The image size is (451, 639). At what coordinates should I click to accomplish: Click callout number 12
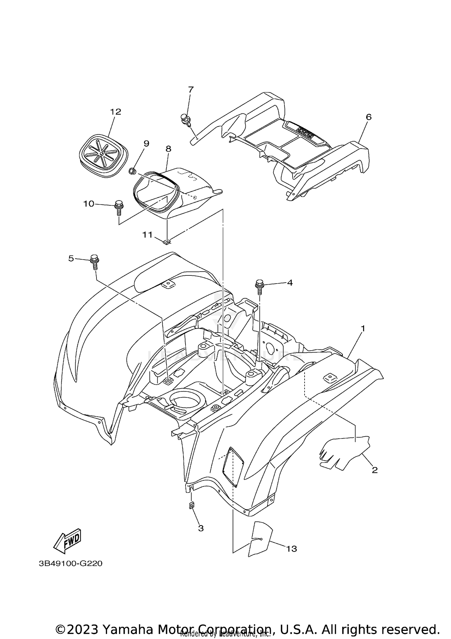pos(115,112)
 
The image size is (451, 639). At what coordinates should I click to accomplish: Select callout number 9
pos(146,143)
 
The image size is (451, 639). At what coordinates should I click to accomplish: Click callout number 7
pos(191,90)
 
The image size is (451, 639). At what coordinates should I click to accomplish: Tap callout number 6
pos(369,117)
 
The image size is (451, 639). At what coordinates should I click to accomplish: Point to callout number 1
pos(363,329)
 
